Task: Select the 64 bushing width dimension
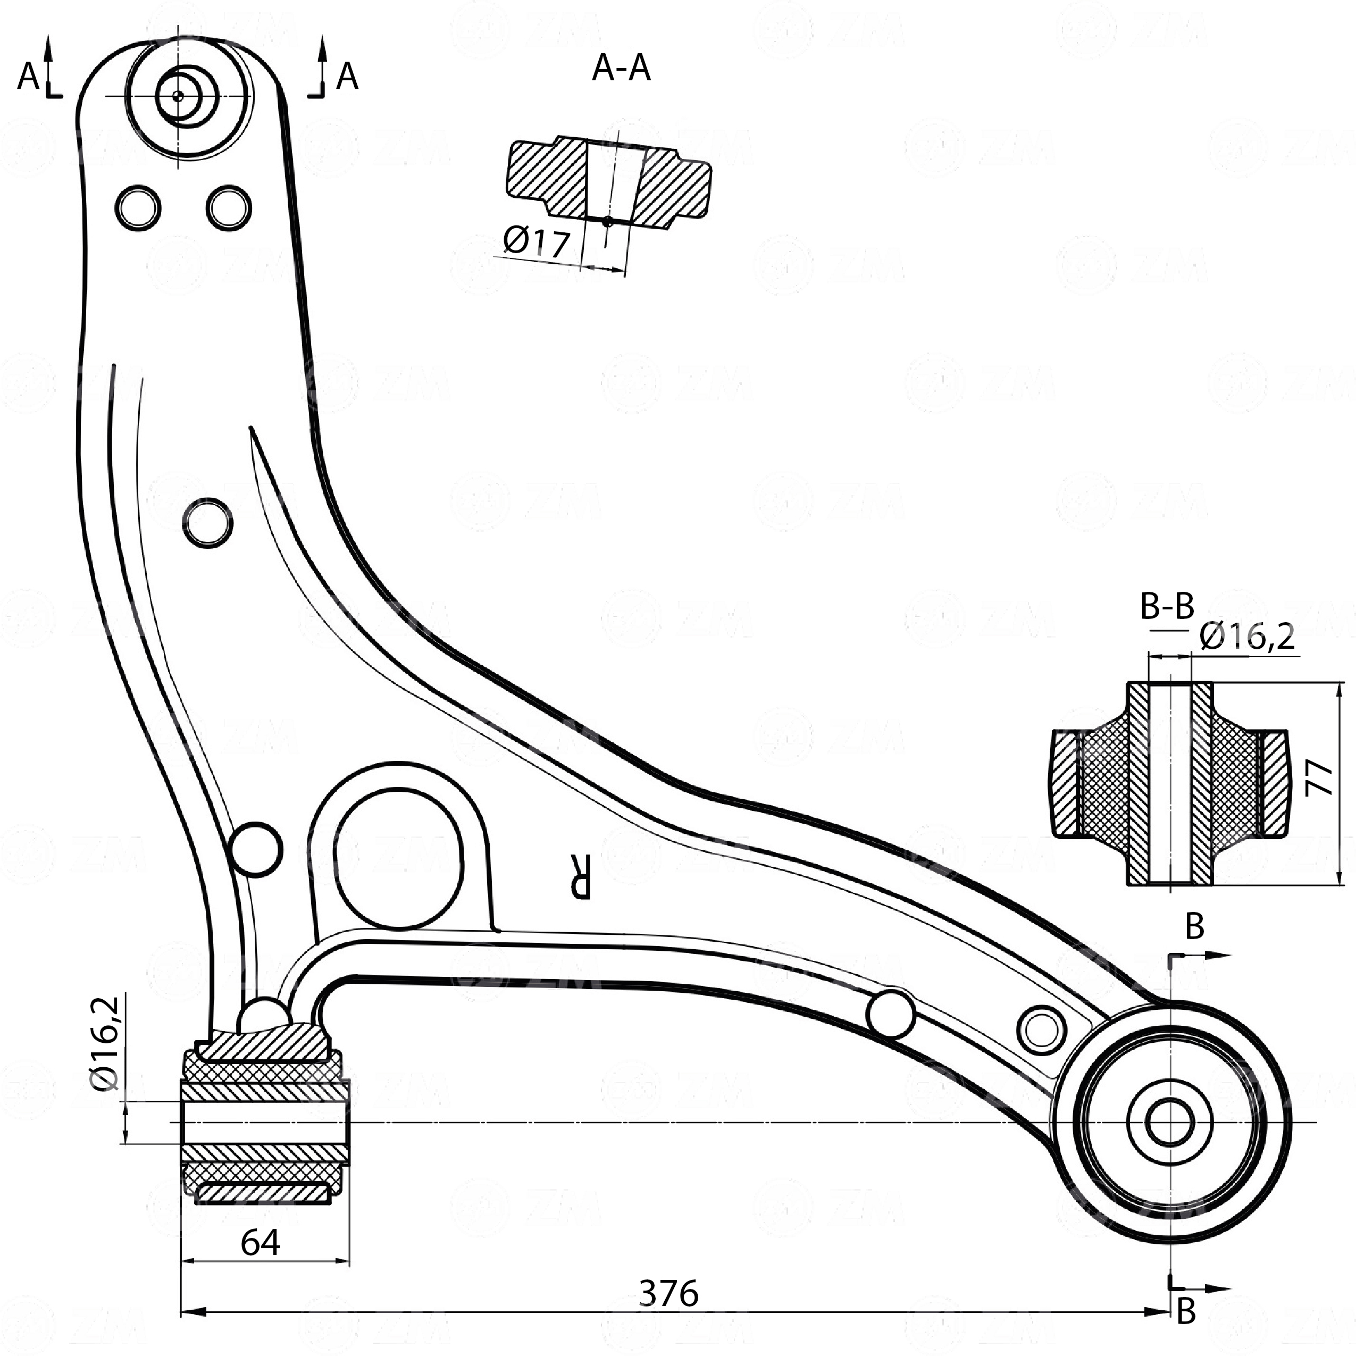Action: click(x=261, y=1243)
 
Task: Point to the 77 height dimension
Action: click(x=1321, y=777)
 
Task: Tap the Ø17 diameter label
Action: click(x=536, y=241)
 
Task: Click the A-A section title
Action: click(x=621, y=69)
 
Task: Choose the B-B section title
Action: click(x=1167, y=606)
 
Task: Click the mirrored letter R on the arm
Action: click(x=581, y=877)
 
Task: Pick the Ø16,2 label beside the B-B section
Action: click(x=1246, y=636)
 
